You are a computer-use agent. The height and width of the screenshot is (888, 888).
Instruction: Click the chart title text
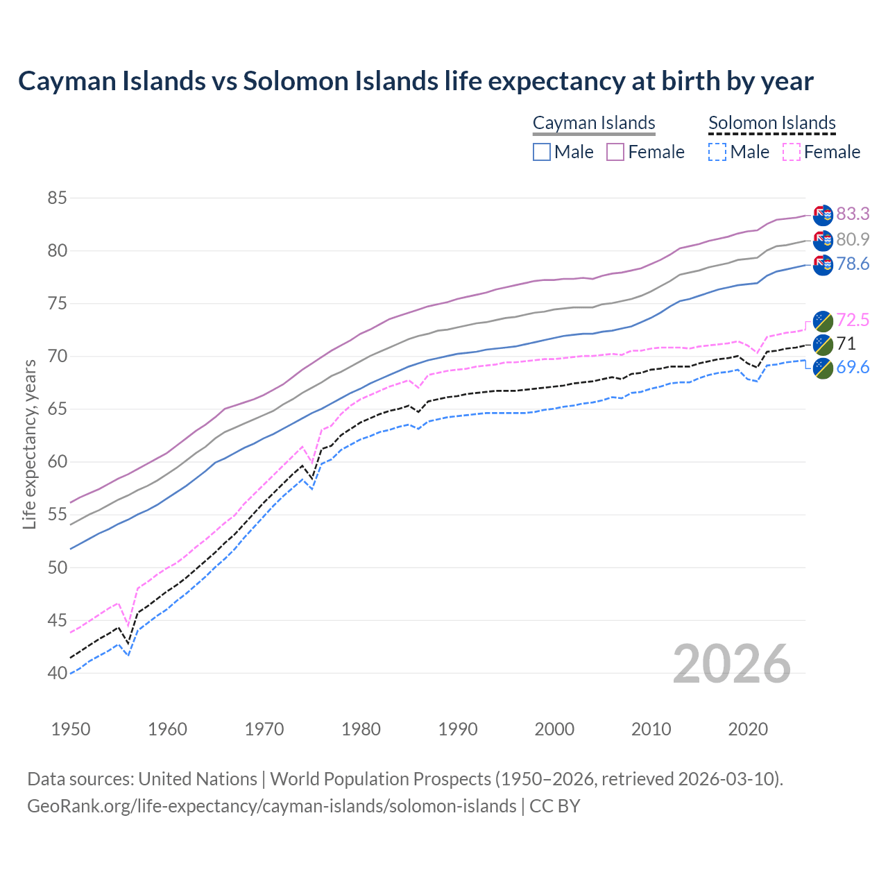coord(415,81)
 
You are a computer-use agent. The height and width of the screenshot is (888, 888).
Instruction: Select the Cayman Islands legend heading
coord(594,123)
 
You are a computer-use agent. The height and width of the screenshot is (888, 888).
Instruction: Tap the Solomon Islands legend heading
coord(771,123)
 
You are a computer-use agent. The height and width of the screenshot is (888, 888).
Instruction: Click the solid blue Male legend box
coord(542,152)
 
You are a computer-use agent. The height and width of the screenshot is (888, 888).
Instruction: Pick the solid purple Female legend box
coord(615,152)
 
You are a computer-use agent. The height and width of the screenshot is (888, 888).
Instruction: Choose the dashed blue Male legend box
coord(717,152)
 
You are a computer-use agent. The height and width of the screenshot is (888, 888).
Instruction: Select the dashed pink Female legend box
coord(792,152)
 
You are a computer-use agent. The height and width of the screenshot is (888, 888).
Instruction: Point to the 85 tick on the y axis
coord(57,198)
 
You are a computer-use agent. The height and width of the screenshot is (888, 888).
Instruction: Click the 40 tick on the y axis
coord(57,673)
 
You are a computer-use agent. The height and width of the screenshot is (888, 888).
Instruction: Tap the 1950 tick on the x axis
coord(71,729)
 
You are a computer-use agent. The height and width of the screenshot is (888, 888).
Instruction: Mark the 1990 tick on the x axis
coord(458,729)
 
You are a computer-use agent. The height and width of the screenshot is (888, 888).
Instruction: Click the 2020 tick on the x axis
coord(748,729)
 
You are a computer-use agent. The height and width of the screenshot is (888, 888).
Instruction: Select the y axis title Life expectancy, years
coord(29,444)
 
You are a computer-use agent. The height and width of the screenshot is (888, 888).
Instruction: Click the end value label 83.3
coord(853,214)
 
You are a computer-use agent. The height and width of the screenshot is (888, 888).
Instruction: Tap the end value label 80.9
coord(853,239)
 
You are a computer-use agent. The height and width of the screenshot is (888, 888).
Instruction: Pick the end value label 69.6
coord(853,367)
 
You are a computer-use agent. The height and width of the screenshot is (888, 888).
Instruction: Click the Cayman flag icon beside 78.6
coord(823,264)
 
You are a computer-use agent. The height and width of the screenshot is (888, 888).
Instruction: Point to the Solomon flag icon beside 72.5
coord(823,321)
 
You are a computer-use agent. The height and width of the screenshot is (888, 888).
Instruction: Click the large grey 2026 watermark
coord(732,664)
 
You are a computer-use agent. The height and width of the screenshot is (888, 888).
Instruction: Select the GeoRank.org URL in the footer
coord(271,806)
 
